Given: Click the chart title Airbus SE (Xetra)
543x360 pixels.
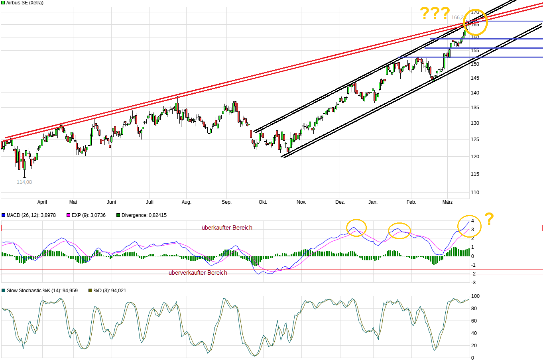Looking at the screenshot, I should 25,3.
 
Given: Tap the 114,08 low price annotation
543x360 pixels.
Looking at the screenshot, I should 24,182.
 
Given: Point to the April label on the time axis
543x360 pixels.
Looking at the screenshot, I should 42,202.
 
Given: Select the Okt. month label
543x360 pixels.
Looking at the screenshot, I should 263,202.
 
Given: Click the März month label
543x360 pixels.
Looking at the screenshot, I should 447,202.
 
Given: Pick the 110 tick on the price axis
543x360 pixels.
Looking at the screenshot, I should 475,193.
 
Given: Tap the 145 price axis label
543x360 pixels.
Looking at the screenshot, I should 475,78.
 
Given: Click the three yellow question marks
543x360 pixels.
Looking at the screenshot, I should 435,14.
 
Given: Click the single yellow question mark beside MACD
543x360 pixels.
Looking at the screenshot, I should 489,219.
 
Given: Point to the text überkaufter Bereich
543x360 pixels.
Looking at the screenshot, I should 227,228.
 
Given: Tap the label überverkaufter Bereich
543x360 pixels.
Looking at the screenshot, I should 198,273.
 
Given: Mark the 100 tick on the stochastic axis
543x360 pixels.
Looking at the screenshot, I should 475,296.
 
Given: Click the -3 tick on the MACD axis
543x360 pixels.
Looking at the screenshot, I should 473,283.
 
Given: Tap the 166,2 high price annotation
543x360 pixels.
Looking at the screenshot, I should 457,18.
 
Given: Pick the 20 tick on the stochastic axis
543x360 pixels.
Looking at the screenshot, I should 474,346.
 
